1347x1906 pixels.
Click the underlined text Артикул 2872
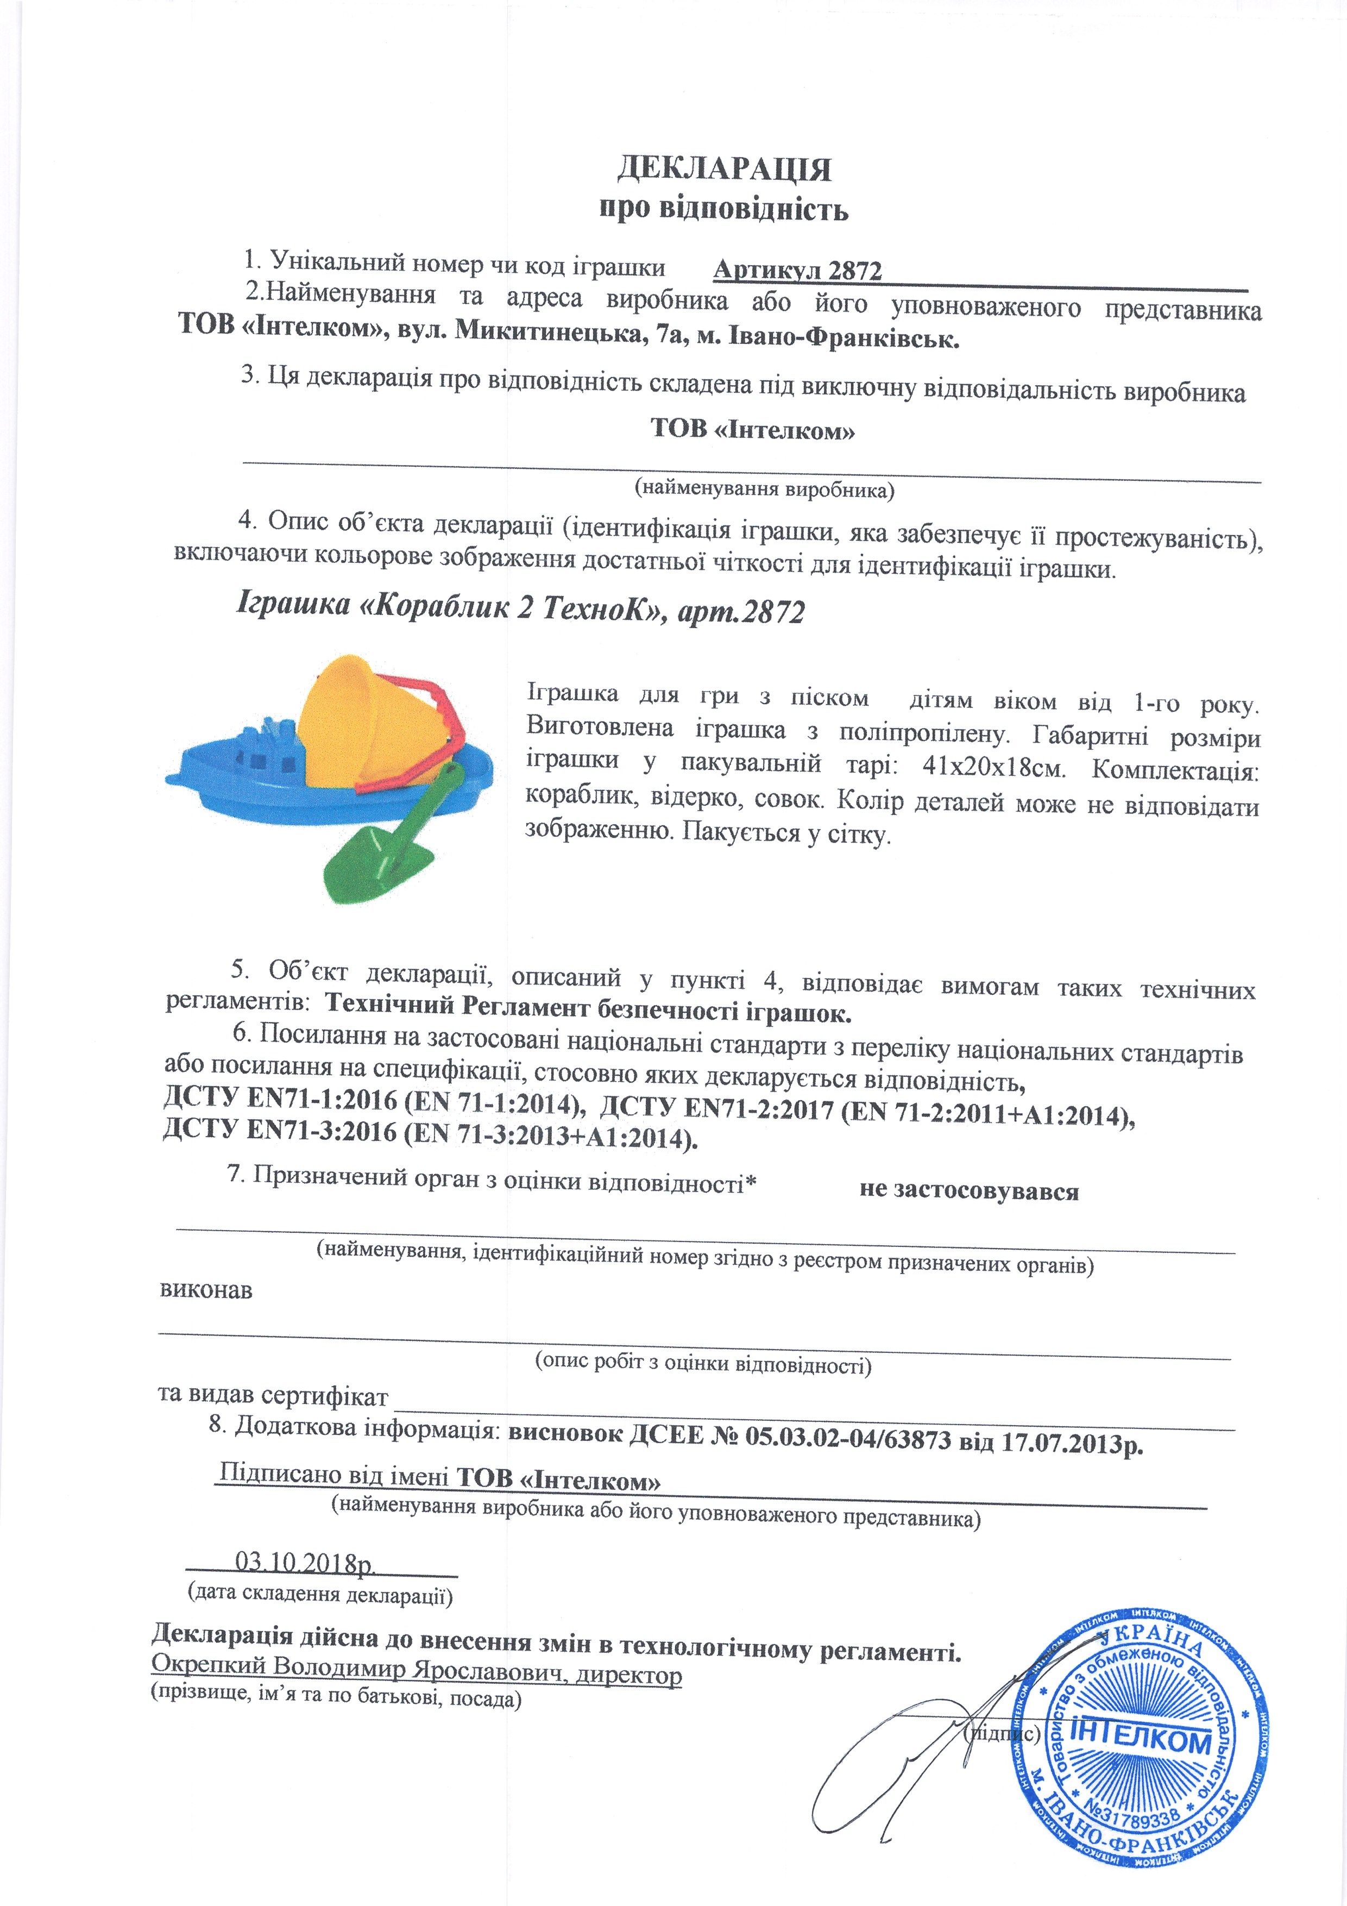(797, 271)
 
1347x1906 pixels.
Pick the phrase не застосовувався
(968, 1191)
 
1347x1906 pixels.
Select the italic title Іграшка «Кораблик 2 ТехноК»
(448, 607)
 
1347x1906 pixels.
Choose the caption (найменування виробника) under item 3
(764, 489)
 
